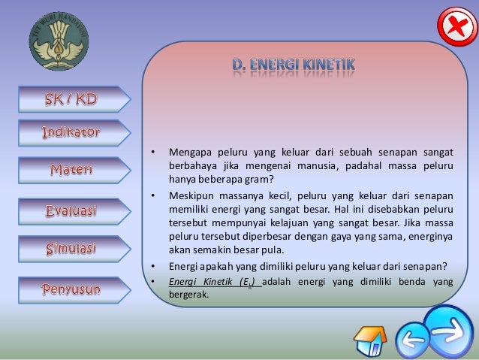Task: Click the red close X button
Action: [455, 28]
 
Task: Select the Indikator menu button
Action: [71, 133]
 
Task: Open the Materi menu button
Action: [71, 171]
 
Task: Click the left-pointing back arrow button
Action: [412, 340]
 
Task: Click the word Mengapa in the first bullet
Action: [188, 153]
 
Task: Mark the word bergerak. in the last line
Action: [188, 295]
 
